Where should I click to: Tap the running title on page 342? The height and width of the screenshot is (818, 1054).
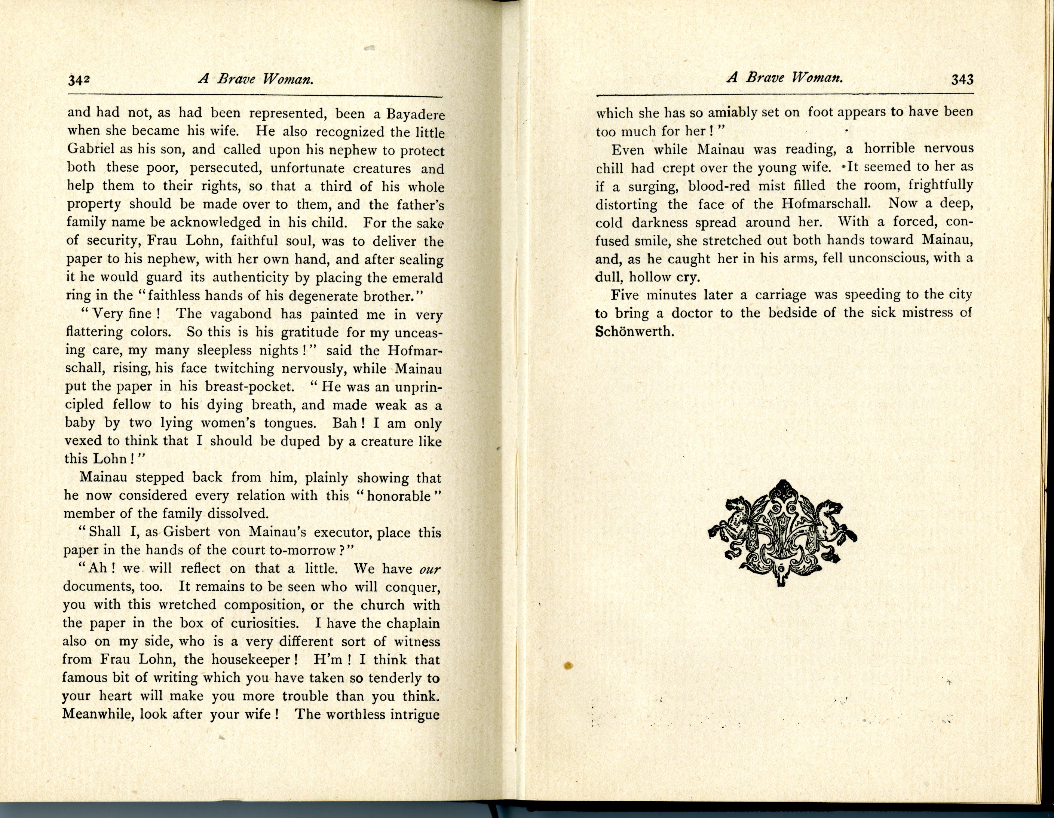tap(256, 79)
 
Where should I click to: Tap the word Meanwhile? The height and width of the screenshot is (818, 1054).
tap(98, 715)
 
